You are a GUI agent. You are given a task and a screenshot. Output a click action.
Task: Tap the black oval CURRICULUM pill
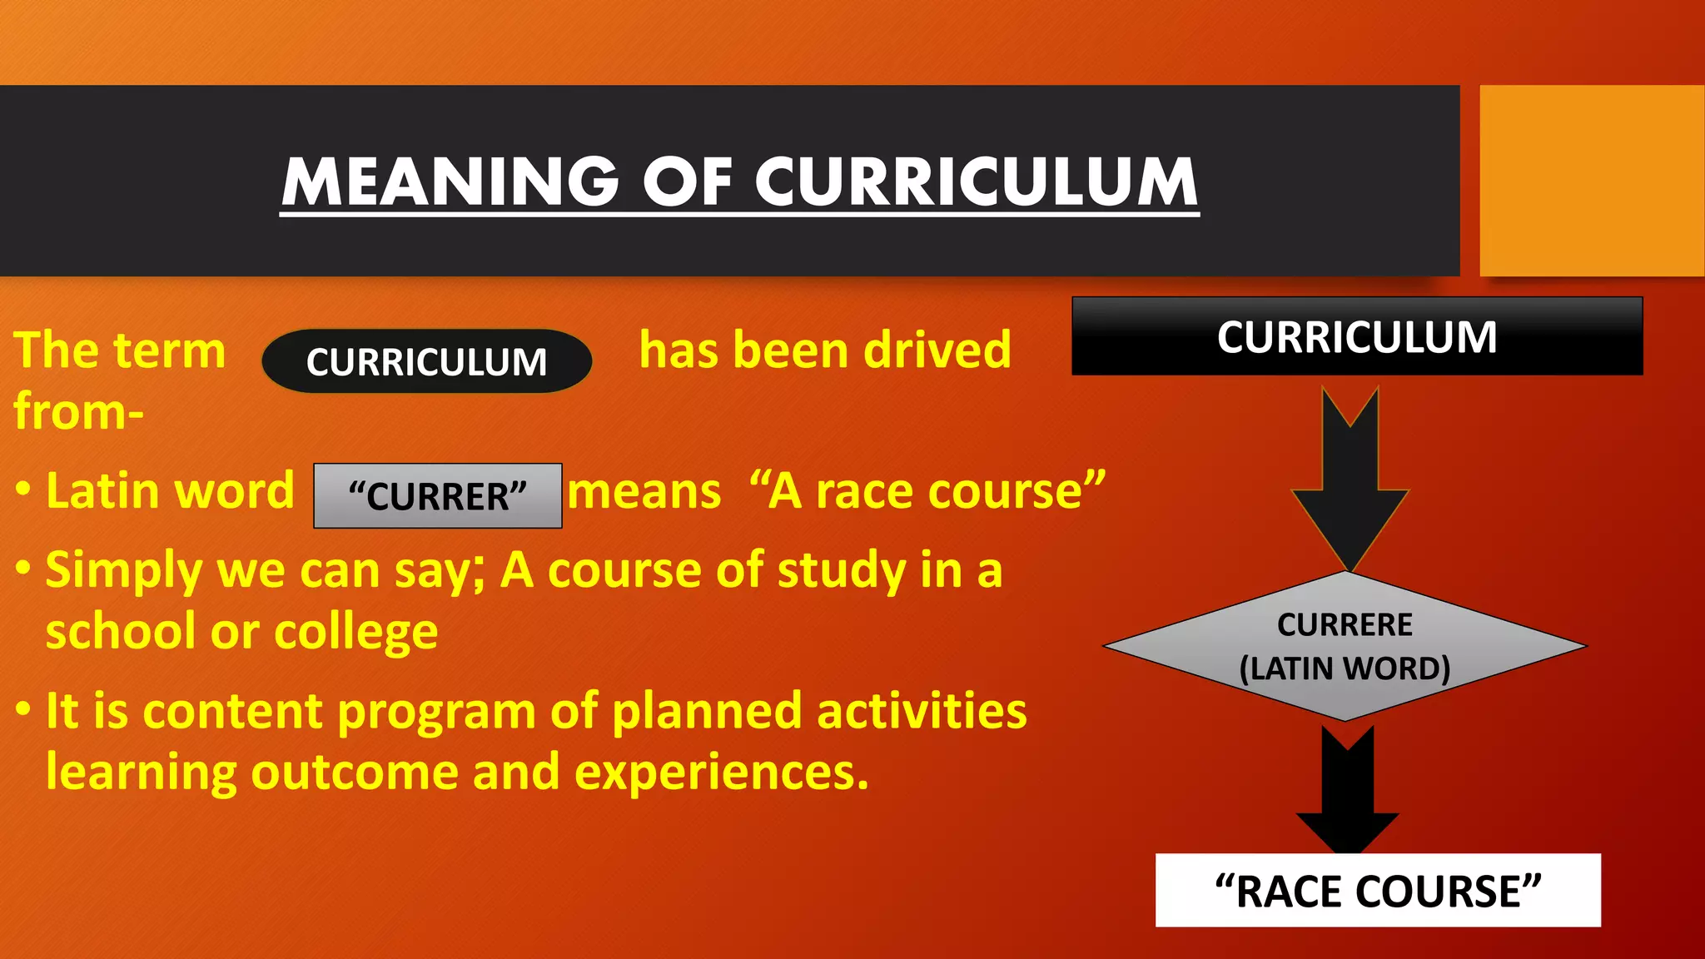[x=426, y=361]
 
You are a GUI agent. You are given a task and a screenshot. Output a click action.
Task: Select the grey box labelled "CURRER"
[x=438, y=496]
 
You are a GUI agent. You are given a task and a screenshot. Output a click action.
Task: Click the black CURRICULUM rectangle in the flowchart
[x=1357, y=336]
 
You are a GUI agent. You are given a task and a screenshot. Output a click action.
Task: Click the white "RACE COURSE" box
[x=1378, y=891]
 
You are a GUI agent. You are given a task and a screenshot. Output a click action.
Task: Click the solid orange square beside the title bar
[x=1591, y=181]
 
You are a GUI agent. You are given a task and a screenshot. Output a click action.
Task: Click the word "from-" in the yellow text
[x=78, y=411]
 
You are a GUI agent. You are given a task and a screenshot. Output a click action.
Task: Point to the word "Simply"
[x=124, y=571]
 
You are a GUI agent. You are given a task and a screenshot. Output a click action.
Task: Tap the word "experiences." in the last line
[x=721, y=773]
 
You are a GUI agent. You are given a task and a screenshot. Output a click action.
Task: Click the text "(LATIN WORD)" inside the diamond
[x=1345, y=668]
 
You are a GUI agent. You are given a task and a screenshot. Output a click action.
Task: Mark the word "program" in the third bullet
[x=436, y=713]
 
